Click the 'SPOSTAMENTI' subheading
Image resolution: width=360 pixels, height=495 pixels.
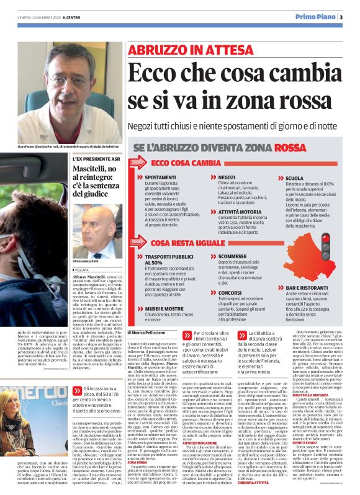coord(160,177)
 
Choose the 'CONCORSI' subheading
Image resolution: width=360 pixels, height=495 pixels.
coord(231,292)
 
